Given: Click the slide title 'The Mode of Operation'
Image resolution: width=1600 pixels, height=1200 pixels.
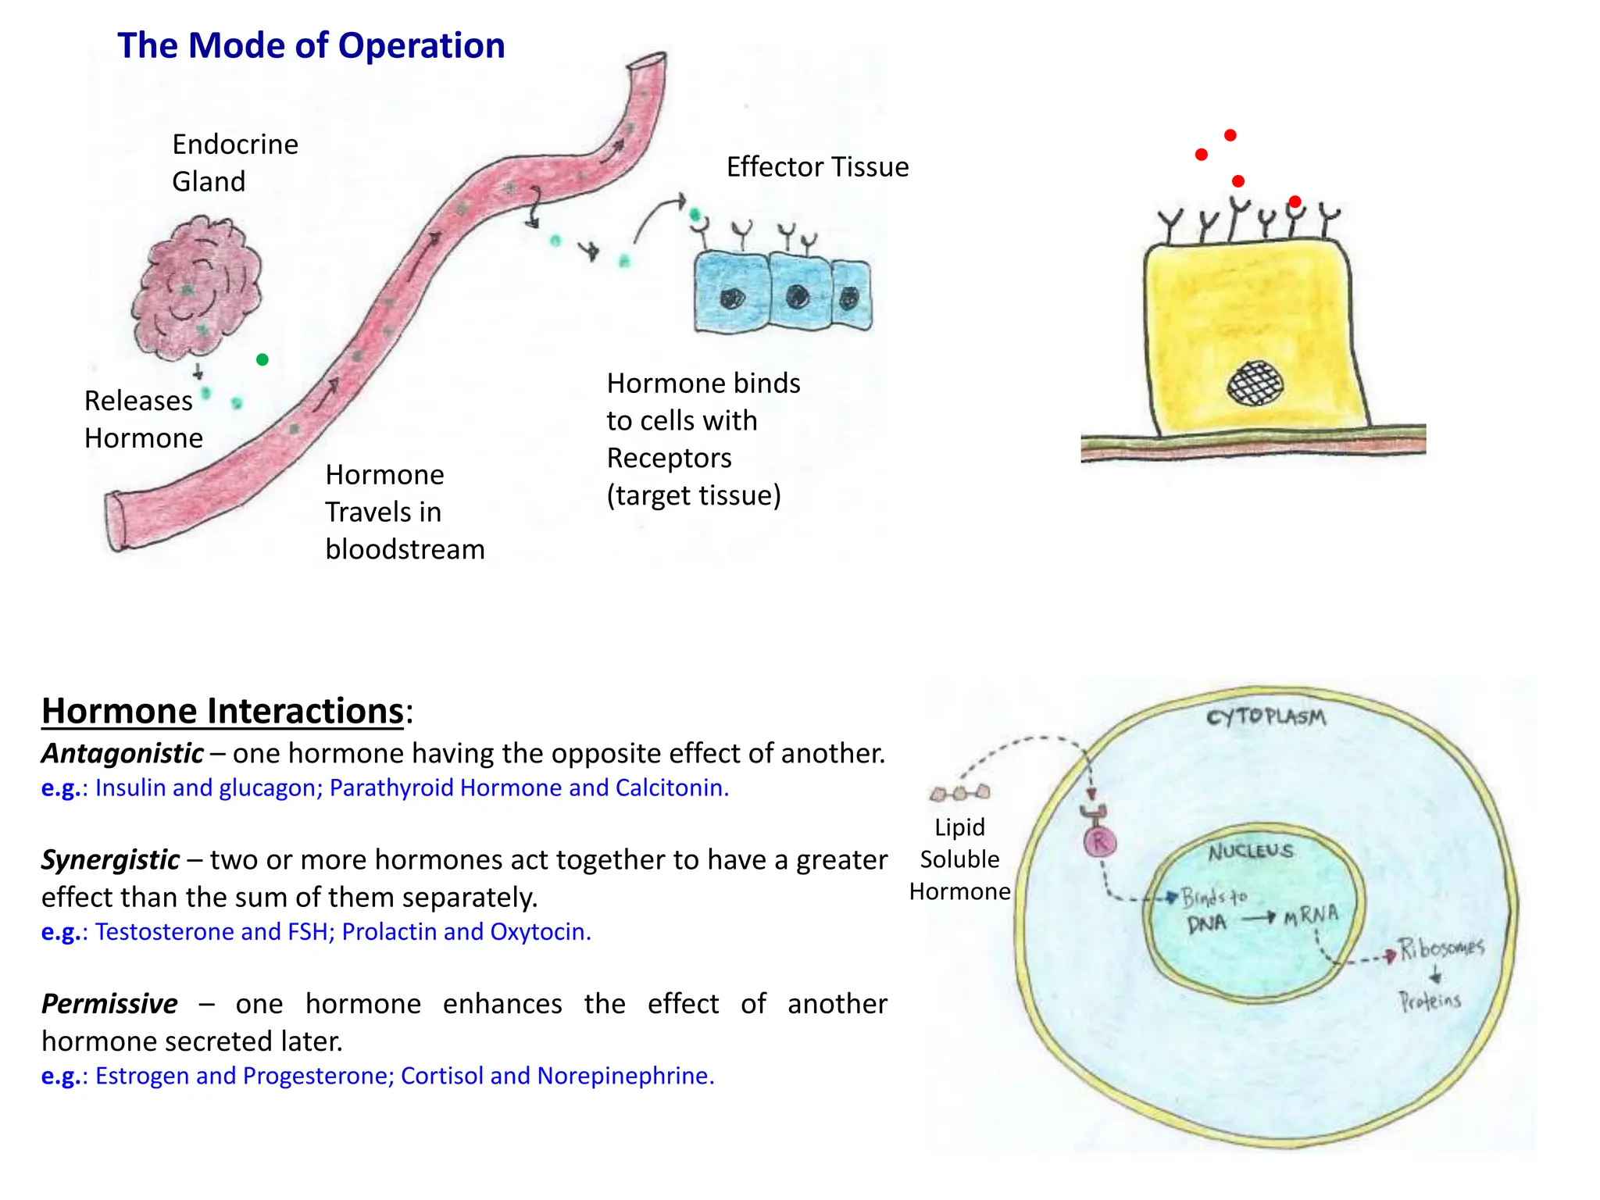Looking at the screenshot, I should point(311,45).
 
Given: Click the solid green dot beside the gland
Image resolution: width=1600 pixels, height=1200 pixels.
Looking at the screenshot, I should point(262,359).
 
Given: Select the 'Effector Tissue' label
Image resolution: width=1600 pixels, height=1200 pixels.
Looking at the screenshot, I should point(817,167).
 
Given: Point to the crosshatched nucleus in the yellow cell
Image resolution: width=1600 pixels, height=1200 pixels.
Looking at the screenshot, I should point(1255,383).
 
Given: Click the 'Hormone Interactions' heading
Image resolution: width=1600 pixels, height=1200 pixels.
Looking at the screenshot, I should point(223,711).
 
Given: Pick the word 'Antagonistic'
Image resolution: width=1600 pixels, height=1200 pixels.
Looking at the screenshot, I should point(123,753).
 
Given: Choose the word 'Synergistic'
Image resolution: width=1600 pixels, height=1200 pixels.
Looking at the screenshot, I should point(111,859).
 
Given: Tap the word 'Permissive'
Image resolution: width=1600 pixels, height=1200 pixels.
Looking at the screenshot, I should point(109,1004).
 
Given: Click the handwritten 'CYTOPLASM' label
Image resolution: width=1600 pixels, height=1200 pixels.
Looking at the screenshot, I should point(1266,717).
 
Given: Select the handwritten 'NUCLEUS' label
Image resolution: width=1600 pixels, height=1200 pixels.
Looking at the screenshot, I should point(1251,851).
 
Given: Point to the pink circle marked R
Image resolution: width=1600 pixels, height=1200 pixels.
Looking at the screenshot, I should point(1100,842).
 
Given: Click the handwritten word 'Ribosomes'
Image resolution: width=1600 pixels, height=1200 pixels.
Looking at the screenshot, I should point(1441,948).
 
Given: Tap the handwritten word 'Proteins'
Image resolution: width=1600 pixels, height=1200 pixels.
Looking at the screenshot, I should point(1430,1001).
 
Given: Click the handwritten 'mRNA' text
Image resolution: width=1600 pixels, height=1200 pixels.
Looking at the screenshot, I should point(1311,915).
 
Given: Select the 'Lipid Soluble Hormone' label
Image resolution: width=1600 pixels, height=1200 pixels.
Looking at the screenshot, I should point(959,859).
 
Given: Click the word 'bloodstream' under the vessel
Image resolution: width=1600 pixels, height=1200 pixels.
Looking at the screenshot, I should point(405,549).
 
